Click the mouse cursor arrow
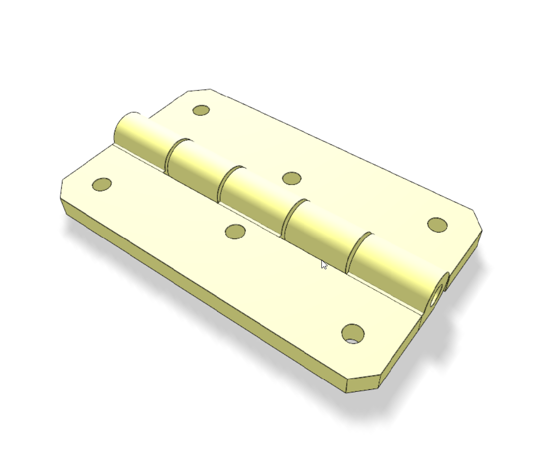pyautogui.click(x=323, y=264)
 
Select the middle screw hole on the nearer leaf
pyautogui.click(x=235, y=232)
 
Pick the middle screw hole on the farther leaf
pyautogui.click(x=291, y=178)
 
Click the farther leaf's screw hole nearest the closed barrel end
pyautogui.click(x=202, y=110)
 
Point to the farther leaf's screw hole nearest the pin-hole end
pyautogui.click(x=437, y=225)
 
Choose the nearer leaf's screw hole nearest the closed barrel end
pyautogui.click(x=102, y=184)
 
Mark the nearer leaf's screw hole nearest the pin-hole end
pyautogui.click(x=353, y=333)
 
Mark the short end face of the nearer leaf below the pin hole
pyautogui.click(x=401, y=351)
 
